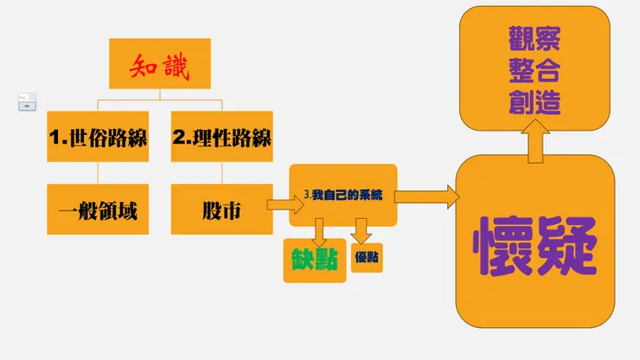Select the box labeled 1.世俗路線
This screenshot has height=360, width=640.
pyautogui.click(x=98, y=136)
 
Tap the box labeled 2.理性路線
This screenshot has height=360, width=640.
pyautogui.click(x=221, y=136)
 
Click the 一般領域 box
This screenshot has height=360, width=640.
pyautogui.click(x=98, y=209)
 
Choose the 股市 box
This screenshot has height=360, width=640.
pyautogui.click(x=221, y=209)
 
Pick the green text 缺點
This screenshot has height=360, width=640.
pyautogui.click(x=310, y=258)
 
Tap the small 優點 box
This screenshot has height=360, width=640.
pyautogui.click(x=367, y=258)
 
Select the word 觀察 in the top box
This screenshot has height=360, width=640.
pyautogui.click(x=534, y=39)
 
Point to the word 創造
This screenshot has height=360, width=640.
pyautogui.click(x=534, y=105)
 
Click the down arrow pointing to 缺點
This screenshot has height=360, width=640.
pyautogui.click(x=319, y=230)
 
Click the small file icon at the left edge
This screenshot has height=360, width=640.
pyautogui.click(x=27, y=101)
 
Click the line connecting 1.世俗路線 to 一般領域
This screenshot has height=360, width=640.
pyautogui.click(x=98, y=172)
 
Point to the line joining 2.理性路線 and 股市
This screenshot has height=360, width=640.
pyautogui.click(x=221, y=172)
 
